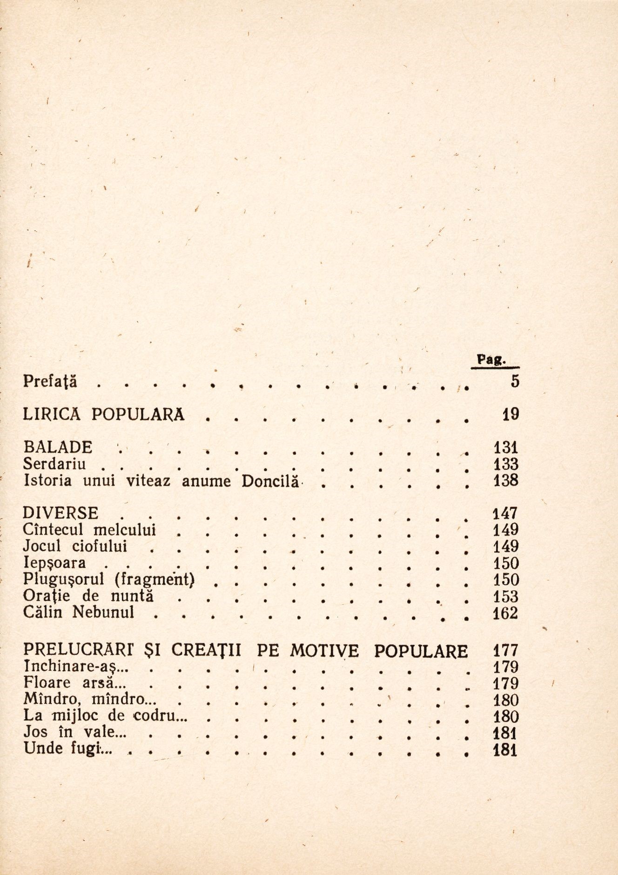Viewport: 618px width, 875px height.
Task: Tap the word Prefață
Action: coord(50,382)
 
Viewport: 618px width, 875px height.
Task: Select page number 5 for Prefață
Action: coord(514,382)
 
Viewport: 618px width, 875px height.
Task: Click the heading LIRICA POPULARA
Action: coord(104,414)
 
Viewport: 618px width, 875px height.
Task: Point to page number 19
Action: coord(511,414)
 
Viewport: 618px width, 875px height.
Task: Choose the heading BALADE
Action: coord(58,448)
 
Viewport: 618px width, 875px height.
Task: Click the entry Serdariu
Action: coord(54,464)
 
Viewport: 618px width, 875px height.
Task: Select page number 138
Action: coord(505,481)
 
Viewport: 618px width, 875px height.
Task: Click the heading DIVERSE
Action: coord(60,514)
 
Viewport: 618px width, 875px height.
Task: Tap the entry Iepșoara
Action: coord(54,563)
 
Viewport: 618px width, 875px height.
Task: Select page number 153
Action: coord(505,596)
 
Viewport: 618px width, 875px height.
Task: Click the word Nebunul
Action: coord(103,613)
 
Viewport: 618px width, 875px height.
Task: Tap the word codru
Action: coord(157,717)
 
